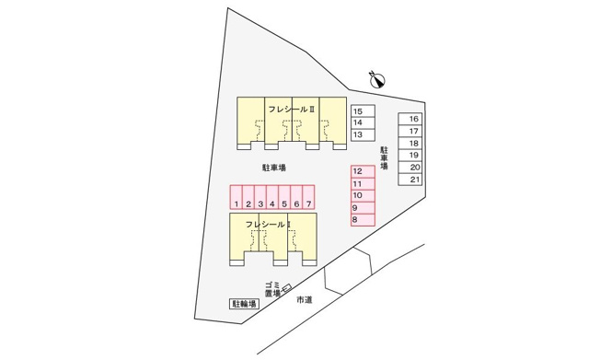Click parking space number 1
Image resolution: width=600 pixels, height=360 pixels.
[237, 197]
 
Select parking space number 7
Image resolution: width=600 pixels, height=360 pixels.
[308, 197]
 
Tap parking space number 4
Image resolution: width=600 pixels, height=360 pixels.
[272, 197]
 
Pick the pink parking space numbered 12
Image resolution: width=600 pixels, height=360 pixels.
[363, 171]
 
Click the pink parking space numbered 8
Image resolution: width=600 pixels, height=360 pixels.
[363, 220]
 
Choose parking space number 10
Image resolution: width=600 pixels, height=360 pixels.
[363, 196]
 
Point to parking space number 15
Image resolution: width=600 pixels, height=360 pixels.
[363, 111]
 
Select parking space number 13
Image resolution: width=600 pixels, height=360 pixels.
[363, 134]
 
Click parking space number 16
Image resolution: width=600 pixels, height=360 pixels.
[410, 119]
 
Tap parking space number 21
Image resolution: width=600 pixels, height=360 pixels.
[410, 180]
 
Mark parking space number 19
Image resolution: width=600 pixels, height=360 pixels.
[410, 155]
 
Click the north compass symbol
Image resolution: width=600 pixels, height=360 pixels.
[377, 79]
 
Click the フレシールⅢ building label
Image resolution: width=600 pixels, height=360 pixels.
[292, 110]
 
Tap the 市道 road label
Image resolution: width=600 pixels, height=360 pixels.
[305, 300]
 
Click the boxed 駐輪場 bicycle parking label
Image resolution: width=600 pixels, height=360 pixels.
[244, 304]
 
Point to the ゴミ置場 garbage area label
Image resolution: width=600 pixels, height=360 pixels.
[272, 289]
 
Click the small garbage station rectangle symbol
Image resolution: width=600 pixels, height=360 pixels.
[286, 287]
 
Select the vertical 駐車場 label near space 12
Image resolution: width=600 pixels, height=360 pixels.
[384, 157]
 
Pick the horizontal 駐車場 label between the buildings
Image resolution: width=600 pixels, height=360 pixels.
[274, 168]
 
